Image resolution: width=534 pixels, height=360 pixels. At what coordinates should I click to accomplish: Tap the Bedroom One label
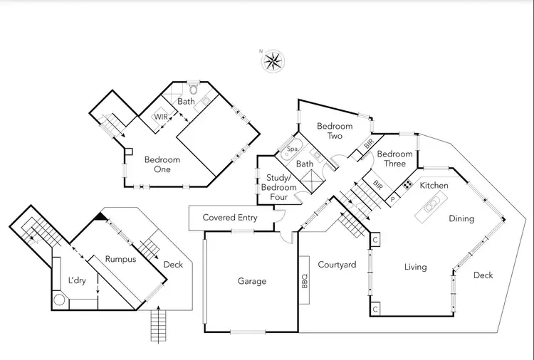(x=162, y=164)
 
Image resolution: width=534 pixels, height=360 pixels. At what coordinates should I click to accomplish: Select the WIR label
(x=160, y=117)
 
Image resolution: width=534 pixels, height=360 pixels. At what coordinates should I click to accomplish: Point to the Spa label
(x=292, y=150)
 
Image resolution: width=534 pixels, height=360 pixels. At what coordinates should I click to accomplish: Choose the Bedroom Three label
(x=394, y=159)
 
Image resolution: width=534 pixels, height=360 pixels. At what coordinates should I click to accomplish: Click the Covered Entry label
(x=230, y=218)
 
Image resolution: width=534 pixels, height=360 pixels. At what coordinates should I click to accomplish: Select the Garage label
(x=251, y=281)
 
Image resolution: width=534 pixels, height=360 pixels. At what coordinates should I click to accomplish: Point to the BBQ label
(x=304, y=280)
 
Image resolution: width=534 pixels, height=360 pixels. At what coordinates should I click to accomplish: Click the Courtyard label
(x=337, y=265)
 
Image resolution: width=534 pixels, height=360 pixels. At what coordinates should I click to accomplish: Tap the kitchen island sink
(x=431, y=207)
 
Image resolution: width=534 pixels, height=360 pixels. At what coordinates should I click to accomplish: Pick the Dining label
(x=461, y=218)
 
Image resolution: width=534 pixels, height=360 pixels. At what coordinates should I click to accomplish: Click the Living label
(x=415, y=267)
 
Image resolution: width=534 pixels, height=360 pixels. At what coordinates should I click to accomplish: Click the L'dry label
(x=76, y=280)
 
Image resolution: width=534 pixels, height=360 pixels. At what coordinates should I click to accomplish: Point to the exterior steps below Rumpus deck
(x=158, y=327)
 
